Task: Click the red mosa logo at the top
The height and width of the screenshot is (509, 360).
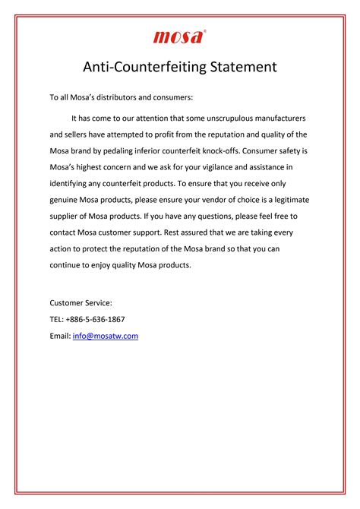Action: [x=179, y=36]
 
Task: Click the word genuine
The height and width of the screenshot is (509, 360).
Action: [x=66, y=199]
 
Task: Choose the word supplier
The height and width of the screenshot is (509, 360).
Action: [x=67, y=215]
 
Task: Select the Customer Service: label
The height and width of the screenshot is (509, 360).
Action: [x=81, y=302]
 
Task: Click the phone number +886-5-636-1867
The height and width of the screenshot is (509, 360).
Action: [x=97, y=319]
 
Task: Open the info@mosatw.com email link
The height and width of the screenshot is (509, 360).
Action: [x=106, y=336]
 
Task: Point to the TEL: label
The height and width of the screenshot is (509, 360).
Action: [x=58, y=319]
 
